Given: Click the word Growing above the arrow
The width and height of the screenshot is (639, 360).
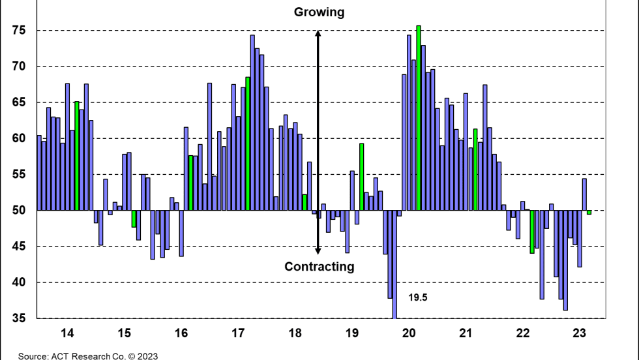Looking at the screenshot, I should (x=319, y=12).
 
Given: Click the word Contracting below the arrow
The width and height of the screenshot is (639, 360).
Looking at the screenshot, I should (x=319, y=266).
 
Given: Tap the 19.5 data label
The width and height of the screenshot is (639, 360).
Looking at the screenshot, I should (x=418, y=297).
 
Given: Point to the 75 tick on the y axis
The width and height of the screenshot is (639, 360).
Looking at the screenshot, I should (x=18, y=31).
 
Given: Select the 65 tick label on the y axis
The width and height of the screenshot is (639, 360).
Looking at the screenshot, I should (x=18, y=102).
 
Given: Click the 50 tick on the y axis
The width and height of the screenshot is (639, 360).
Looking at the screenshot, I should (x=18, y=211).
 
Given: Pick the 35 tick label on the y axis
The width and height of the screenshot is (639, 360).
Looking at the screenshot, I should (x=18, y=319).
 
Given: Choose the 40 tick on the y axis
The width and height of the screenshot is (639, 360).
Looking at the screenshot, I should (x=18, y=282).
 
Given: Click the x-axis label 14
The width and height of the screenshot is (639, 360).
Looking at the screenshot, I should (x=67, y=333).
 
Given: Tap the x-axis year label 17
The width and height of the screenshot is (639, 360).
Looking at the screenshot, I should (x=238, y=333).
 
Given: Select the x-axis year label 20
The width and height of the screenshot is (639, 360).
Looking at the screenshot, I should (x=409, y=333).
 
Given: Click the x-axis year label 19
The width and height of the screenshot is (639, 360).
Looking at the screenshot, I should (x=352, y=333).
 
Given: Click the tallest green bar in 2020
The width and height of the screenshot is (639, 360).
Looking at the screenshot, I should (x=419, y=117).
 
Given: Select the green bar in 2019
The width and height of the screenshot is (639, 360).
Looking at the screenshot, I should (x=361, y=176).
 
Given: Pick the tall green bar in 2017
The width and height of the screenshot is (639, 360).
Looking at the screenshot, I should (x=248, y=143).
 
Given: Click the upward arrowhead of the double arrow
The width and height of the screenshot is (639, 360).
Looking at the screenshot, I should (x=318, y=35).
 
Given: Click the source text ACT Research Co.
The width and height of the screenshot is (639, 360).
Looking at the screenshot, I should (x=88, y=356).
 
